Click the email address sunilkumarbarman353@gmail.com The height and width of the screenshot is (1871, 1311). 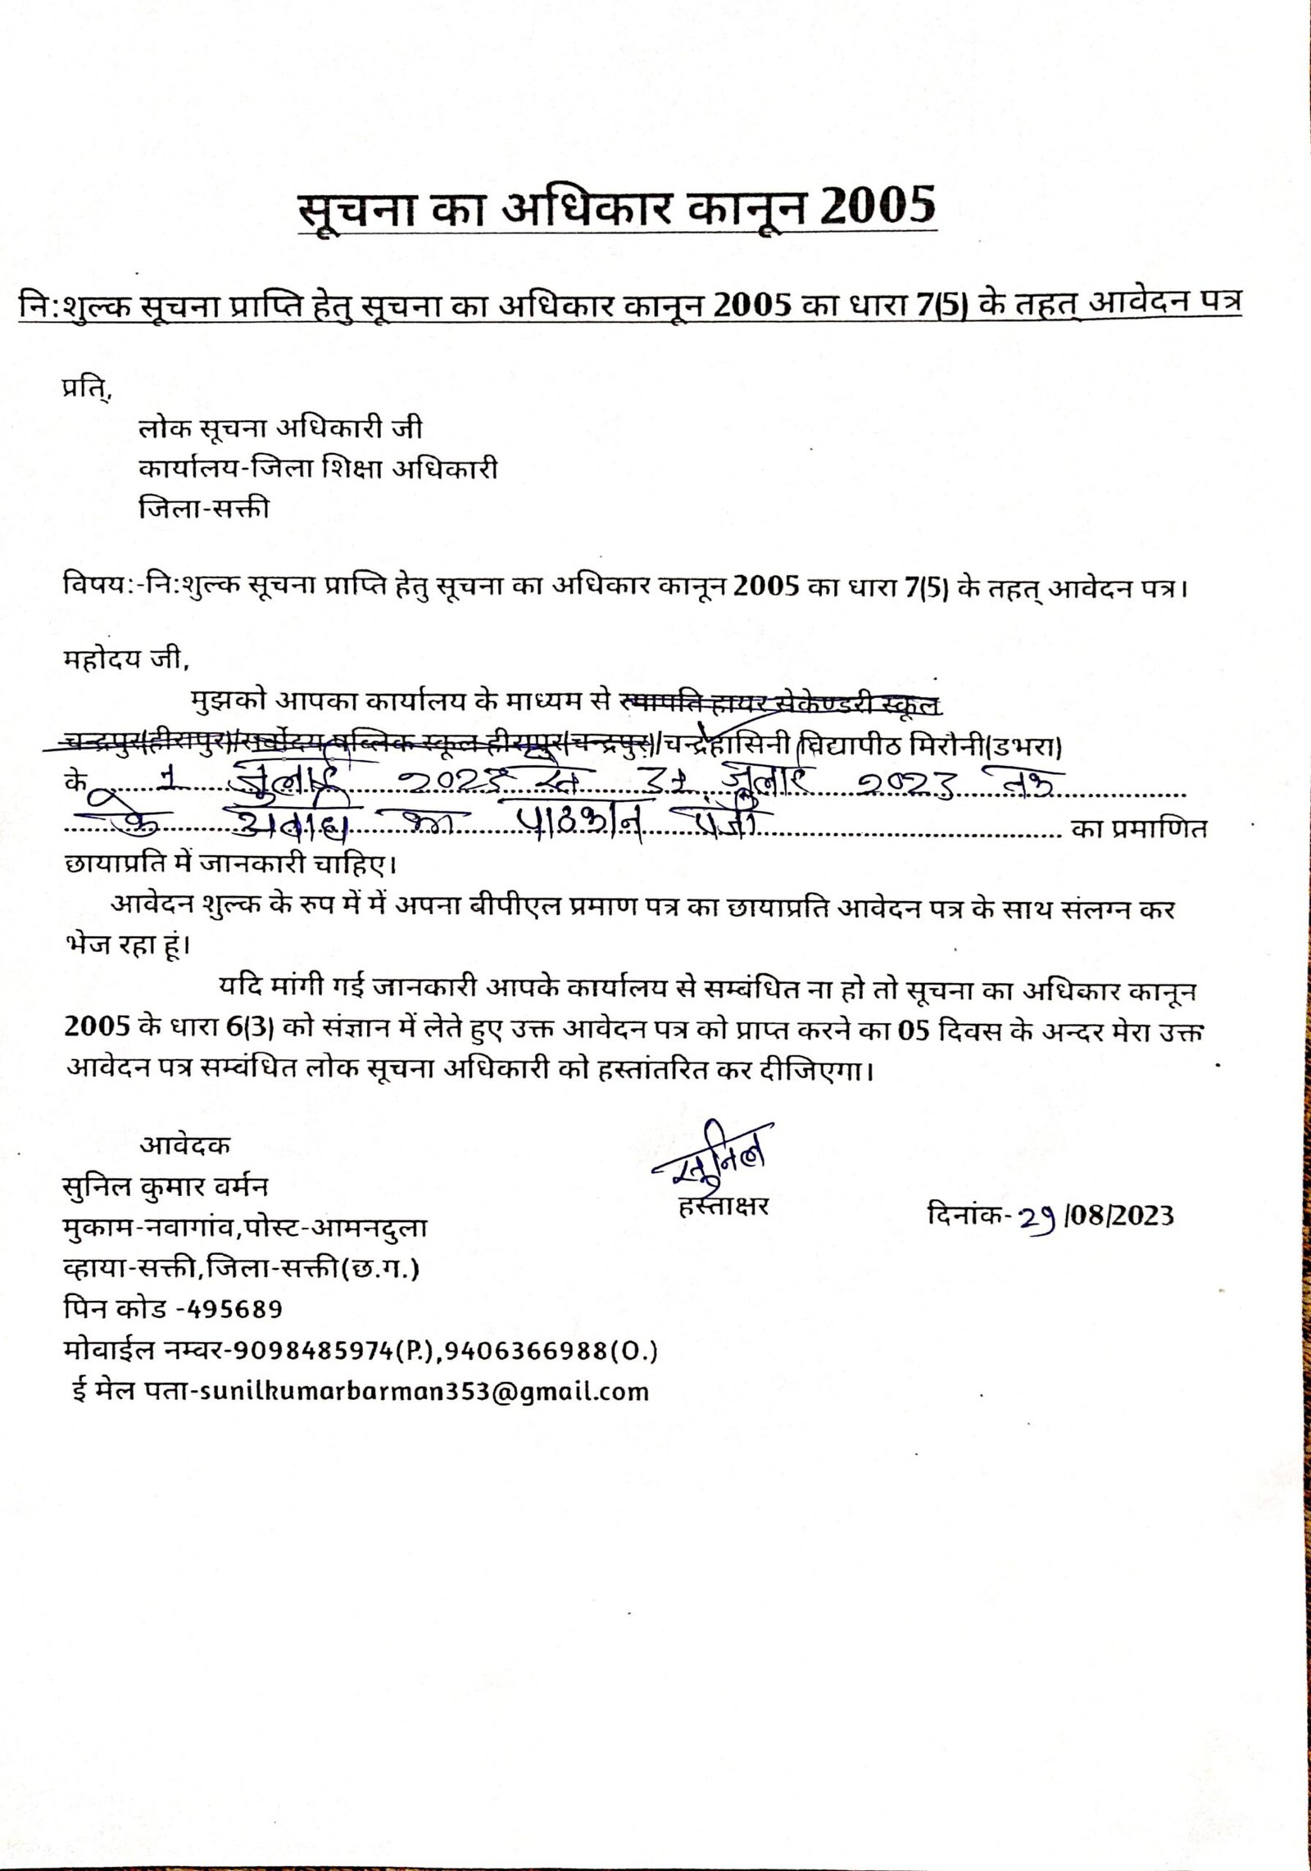[x=419, y=1392]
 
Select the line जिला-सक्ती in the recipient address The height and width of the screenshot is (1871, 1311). [x=204, y=509]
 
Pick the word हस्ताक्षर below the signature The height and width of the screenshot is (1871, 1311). [x=724, y=1206]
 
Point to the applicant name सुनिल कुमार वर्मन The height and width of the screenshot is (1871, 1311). [x=166, y=1186]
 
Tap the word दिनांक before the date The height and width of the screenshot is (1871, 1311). [x=964, y=1214]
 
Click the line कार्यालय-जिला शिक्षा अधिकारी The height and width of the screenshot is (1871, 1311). [x=318, y=469]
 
